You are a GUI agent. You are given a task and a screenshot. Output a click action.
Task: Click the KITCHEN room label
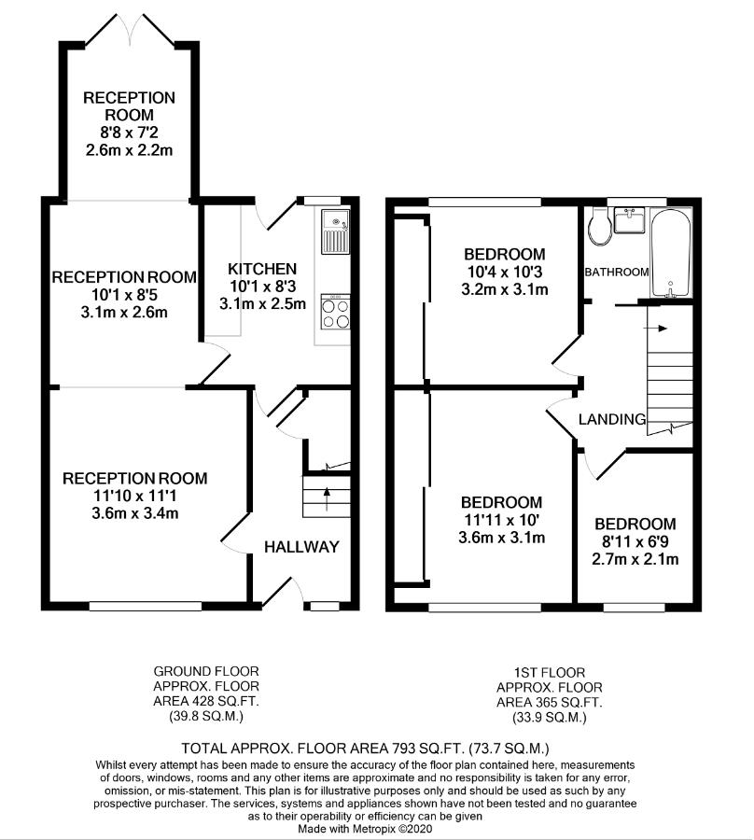(262, 269)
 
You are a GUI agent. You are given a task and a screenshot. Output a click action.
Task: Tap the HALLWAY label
(301, 546)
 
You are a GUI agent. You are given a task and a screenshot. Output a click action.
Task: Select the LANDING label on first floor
(612, 419)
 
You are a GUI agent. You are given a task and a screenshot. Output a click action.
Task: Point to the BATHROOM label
(617, 273)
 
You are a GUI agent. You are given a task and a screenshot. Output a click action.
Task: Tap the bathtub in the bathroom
(671, 253)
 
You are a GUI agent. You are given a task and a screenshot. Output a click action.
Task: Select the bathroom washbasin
(629, 219)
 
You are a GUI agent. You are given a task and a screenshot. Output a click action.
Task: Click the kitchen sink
(335, 231)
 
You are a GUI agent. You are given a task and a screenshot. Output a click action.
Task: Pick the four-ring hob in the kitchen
(336, 311)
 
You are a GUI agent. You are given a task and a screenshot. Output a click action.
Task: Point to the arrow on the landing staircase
(657, 329)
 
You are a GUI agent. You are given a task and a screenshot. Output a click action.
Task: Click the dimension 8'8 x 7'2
(129, 133)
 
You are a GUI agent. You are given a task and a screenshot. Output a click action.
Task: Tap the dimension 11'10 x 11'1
(134, 497)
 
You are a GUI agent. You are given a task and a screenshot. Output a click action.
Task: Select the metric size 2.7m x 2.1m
(635, 559)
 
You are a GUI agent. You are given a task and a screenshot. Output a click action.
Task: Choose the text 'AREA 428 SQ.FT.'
(206, 701)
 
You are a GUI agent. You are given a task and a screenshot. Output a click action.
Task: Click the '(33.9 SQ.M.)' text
(549, 717)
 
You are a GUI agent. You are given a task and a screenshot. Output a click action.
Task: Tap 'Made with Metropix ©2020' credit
(365, 828)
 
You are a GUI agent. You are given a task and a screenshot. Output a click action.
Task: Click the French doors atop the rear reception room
(129, 30)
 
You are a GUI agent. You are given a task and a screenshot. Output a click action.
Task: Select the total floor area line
(365, 748)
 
